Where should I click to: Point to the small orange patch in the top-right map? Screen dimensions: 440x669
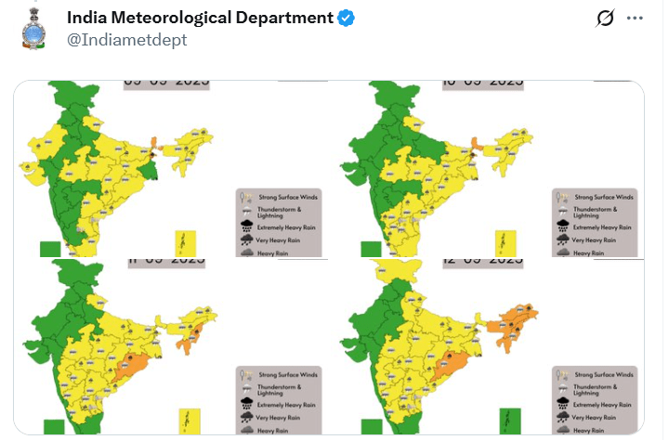tap(476, 144)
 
